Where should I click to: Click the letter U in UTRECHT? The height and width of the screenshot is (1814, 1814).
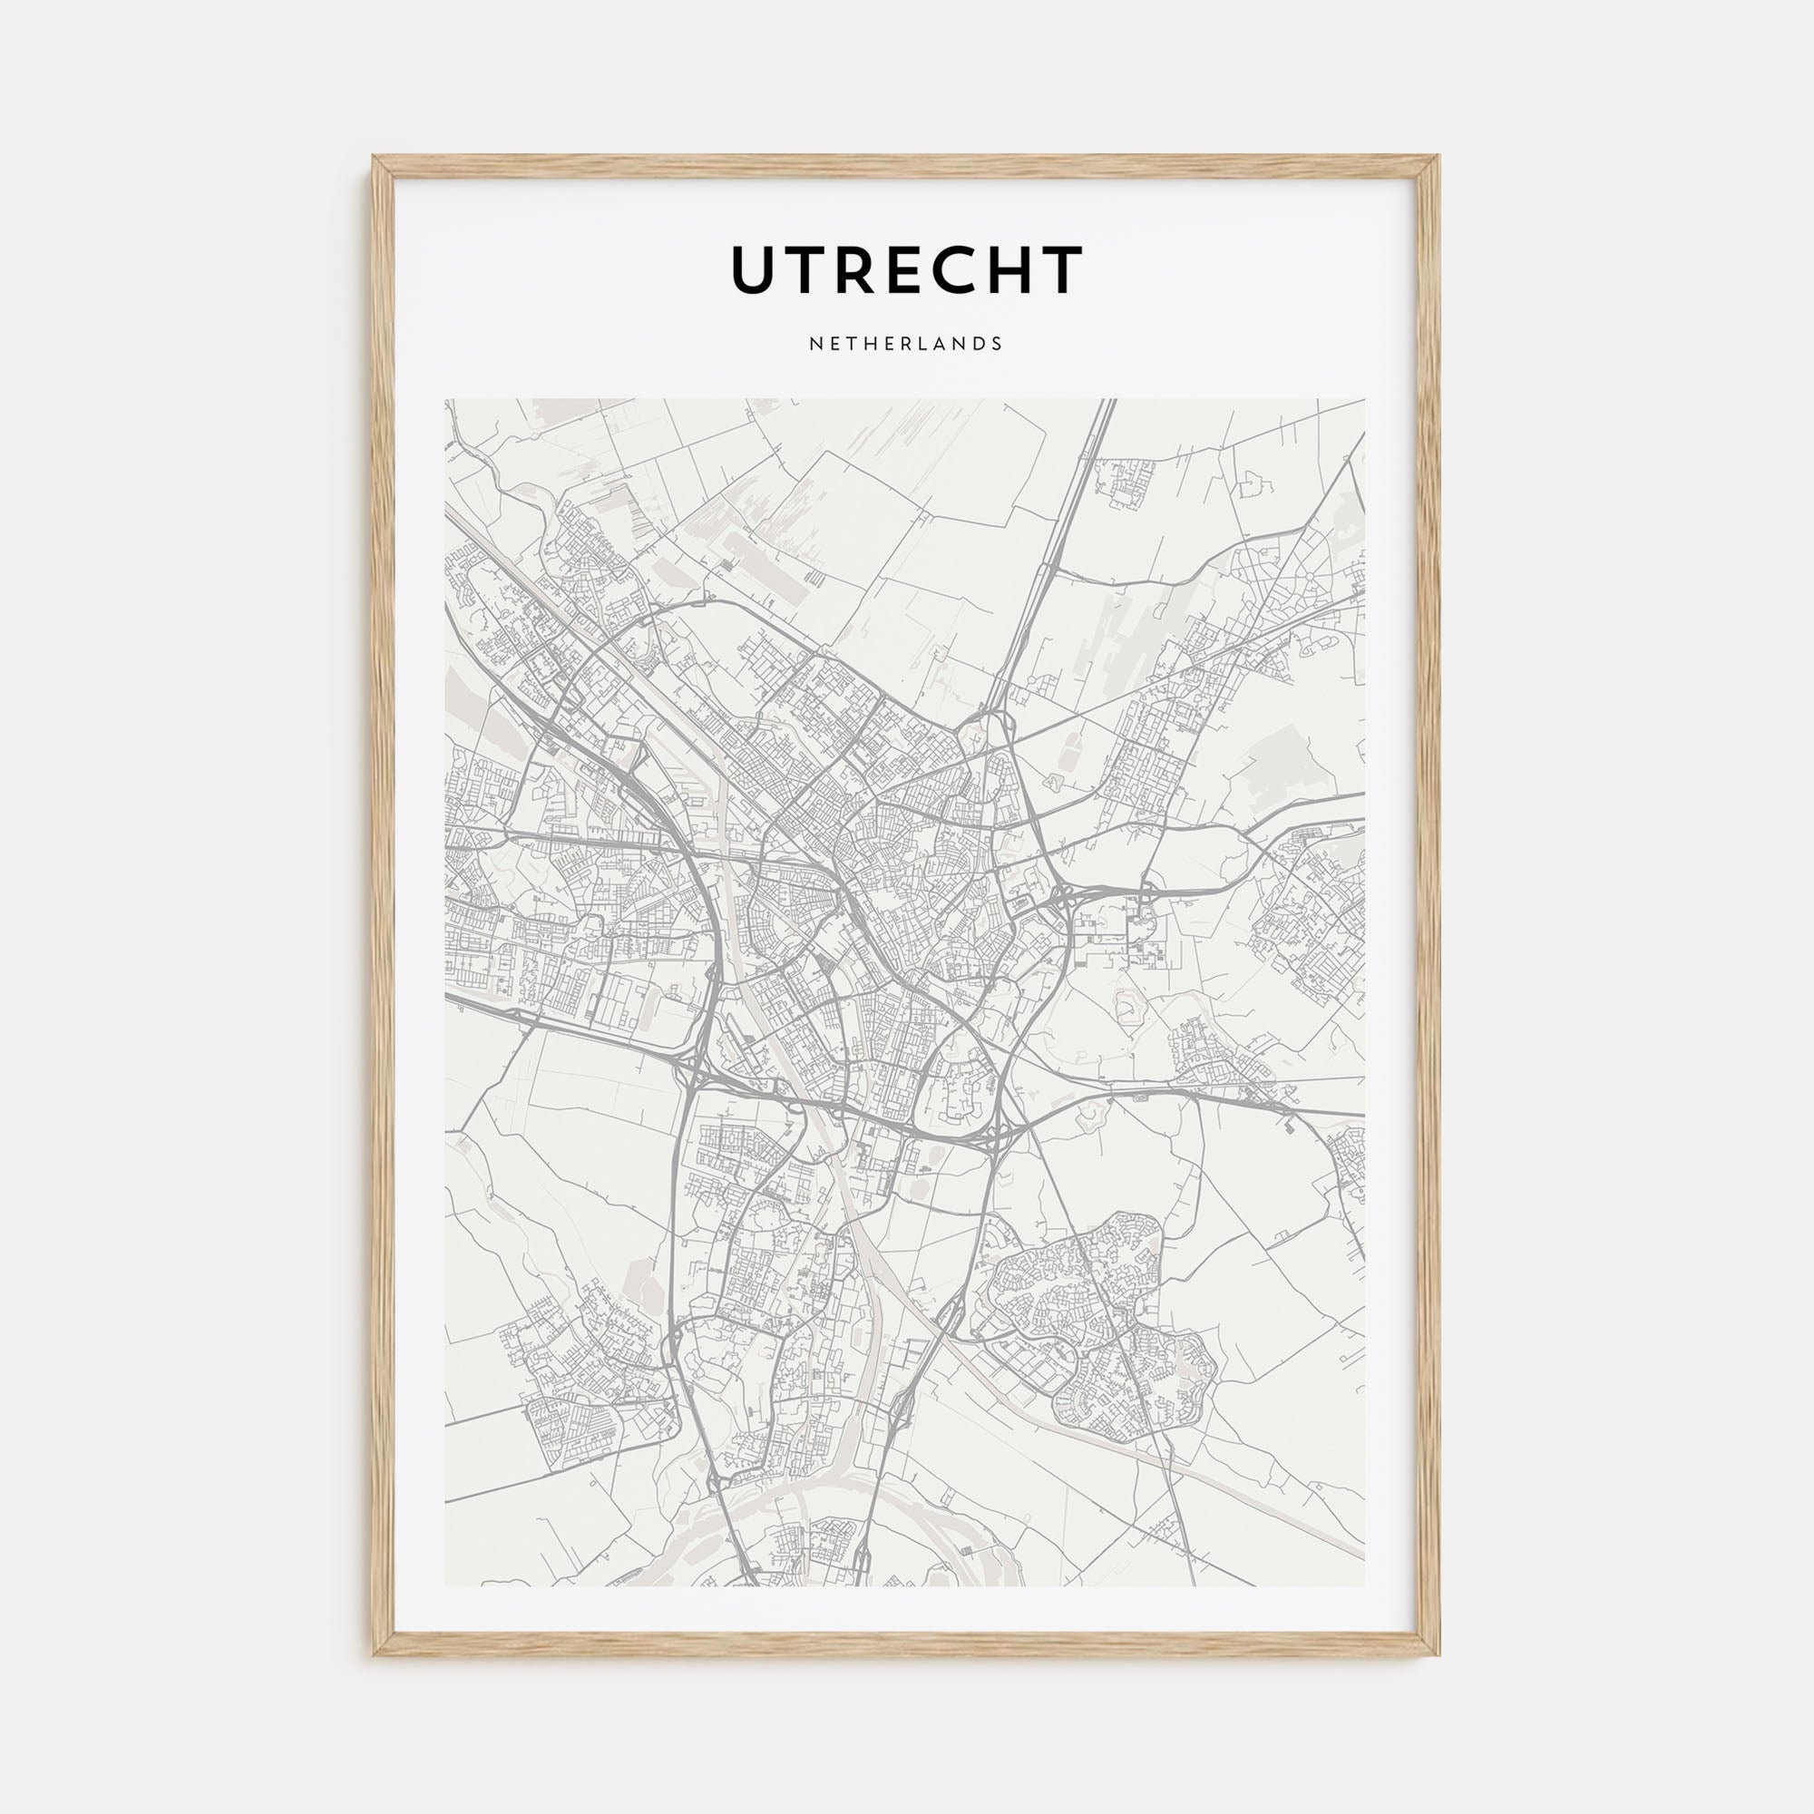(755, 269)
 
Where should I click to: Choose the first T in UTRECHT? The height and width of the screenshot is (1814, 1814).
(805, 269)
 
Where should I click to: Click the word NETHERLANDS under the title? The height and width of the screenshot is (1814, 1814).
(906, 344)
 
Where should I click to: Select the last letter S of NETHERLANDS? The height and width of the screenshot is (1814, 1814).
(997, 344)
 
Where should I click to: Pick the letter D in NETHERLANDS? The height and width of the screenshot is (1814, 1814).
(980, 344)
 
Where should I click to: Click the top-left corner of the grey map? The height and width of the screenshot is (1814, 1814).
(446, 400)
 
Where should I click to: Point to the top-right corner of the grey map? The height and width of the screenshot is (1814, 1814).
(1364, 400)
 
